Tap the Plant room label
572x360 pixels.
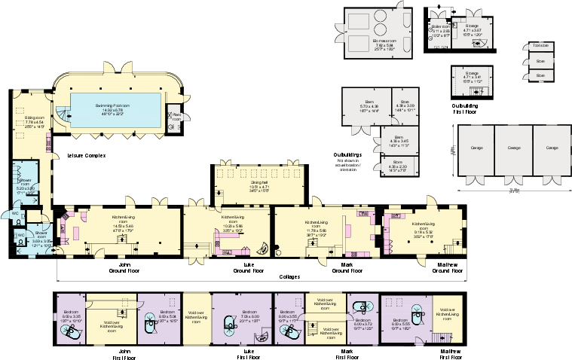176,117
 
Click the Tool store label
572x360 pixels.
540,46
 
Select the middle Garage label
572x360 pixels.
513,148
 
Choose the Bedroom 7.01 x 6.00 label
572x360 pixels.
249,316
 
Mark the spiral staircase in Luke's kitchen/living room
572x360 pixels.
262,247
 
